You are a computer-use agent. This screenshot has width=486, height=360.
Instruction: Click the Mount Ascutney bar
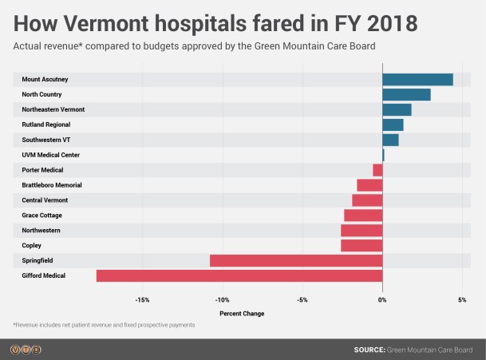[417, 79]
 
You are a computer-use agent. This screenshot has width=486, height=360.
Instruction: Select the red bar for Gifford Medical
[239, 275]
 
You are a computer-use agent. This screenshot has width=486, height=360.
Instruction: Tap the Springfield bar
[296, 260]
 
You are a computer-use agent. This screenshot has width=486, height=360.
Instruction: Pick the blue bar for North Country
[406, 94]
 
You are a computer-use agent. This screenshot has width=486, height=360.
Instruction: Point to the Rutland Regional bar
[393, 125]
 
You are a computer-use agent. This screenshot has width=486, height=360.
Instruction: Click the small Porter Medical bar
[377, 170]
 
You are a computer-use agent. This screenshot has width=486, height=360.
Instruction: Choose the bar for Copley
[362, 245]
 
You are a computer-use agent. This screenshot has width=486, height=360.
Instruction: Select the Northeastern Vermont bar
[397, 109]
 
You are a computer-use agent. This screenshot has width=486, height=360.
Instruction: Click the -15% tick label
[142, 300]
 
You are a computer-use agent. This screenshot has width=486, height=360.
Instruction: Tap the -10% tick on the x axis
[222, 300]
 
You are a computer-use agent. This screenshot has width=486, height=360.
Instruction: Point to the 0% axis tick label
[382, 300]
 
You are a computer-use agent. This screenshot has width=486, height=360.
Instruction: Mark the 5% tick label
[462, 300]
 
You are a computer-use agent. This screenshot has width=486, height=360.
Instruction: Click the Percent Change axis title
[242, 314]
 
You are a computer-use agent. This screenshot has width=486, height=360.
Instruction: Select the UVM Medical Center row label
[50, 155]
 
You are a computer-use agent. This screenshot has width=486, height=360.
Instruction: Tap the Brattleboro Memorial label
[52, 185]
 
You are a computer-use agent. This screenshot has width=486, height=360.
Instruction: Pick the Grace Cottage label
[41, 216]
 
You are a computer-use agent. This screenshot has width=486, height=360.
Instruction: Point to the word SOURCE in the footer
[369, 350]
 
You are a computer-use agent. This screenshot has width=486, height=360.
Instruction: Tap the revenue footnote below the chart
[104, 326]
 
